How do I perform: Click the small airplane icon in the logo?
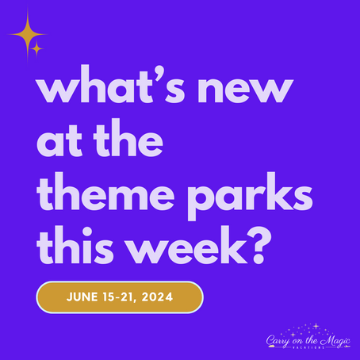347,347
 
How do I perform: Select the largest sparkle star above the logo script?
316,325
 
